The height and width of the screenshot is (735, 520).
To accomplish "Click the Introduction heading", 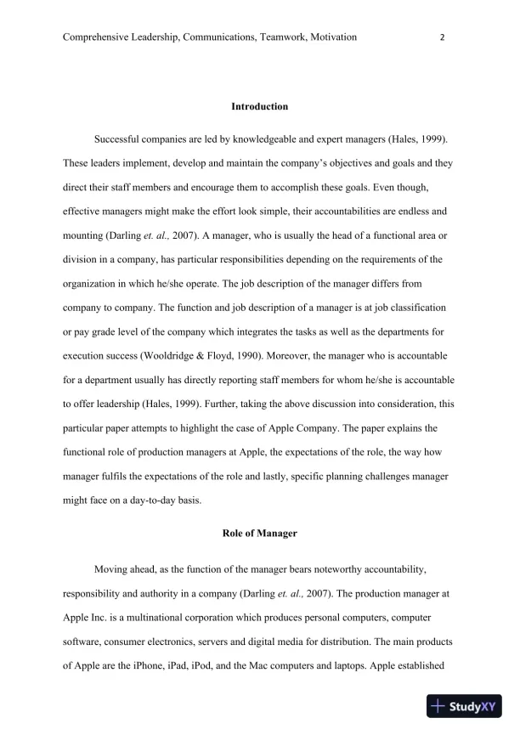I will click(x=259, y=107).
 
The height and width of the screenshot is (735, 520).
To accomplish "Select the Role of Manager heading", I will click(x=259, y=533).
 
